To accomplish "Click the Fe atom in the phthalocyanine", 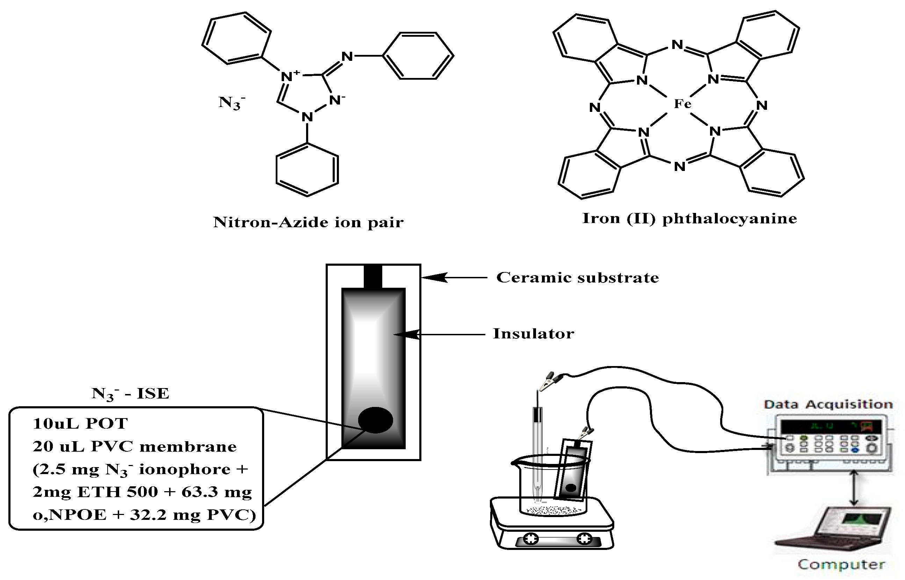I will click(682, 103).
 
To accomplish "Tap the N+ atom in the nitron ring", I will click(290, 76).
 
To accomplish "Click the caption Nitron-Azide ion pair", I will click(308, 222).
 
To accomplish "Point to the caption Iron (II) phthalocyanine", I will click(689, 219).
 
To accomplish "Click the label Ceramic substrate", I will click(577, 278).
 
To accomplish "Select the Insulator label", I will click(533, 334).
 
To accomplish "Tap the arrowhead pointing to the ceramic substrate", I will click(433, 278).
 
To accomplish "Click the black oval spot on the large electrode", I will click(375, 420).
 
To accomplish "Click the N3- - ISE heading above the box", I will click(130, 394).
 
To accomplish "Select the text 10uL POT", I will click(80, 423).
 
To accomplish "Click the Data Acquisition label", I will click(828, 404).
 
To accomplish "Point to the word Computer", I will click(841, 565).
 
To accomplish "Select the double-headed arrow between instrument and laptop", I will click(854, 487).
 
